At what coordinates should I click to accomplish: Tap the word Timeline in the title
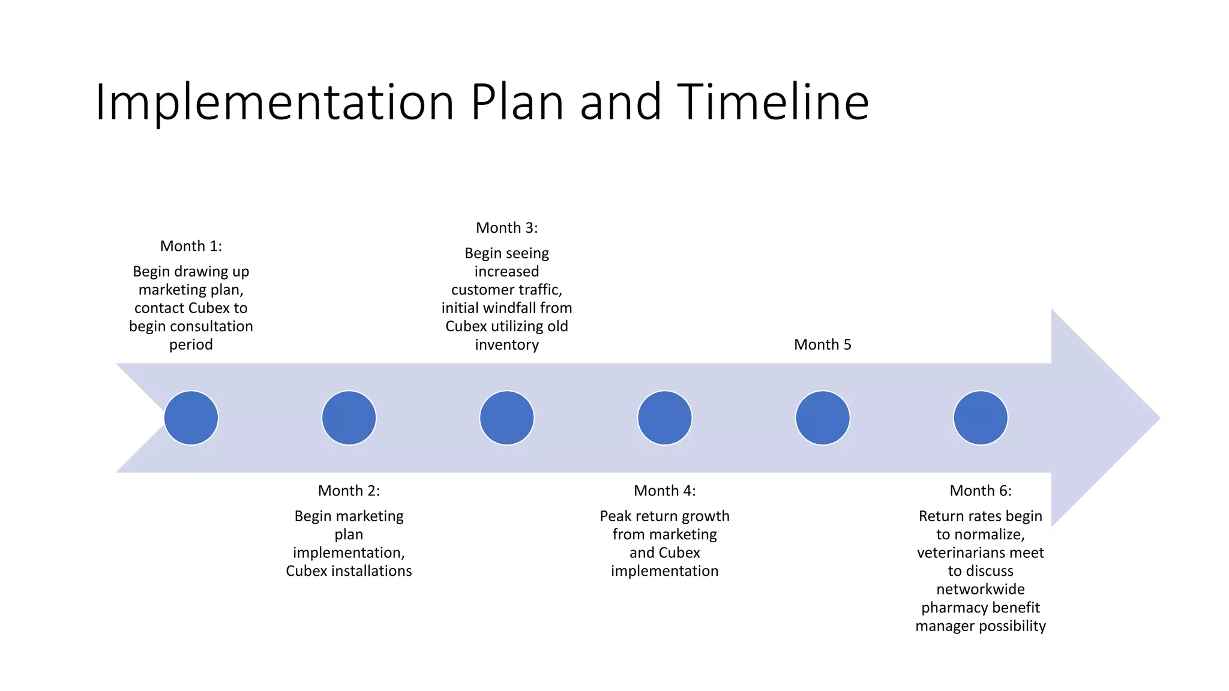point(773,102)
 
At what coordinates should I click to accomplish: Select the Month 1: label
point(191,246)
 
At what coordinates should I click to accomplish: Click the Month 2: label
point(349,491)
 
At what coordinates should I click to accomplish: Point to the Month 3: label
point(506,228)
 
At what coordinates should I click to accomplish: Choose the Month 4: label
point(664,491)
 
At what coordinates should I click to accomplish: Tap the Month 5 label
point(822,344)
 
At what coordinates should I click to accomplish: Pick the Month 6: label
point(980,491)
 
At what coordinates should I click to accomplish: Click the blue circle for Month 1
point(191,418)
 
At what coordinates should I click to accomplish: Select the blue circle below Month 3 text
point(506,418)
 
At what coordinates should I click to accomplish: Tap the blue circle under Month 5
point(822,418)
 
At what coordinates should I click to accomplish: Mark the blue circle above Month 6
point(980,418)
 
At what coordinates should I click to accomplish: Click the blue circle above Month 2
point(349,418)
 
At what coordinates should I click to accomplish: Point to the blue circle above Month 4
point(664,418)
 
